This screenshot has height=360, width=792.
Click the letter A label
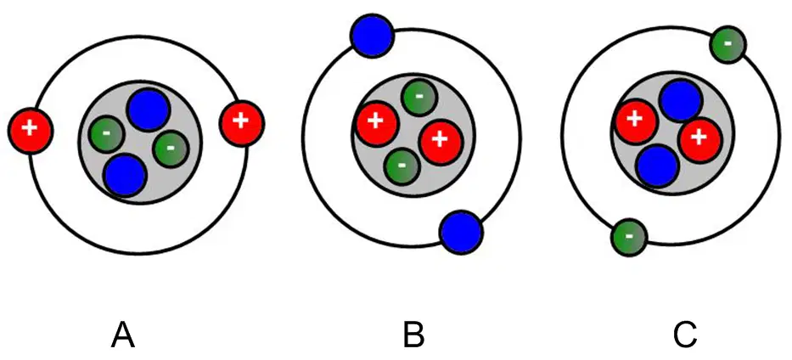pos(123,335)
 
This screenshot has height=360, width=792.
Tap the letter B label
pos(413,335)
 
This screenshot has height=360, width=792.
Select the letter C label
pos(685,335)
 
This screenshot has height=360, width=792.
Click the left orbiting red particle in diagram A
pos(31,129)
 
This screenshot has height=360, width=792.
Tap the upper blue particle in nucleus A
pos(148,111)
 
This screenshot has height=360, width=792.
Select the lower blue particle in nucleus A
pos(126,175)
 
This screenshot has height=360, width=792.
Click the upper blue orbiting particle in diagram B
pos(372,36)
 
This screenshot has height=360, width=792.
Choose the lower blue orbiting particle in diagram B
pos(461,233)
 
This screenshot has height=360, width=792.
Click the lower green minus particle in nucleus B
pos(402,166)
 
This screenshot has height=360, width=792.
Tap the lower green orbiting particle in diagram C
pos(629,237)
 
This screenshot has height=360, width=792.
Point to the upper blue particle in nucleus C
pos(680,101)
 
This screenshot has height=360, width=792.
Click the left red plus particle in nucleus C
pos(635,121)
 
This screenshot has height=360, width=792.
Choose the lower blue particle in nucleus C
pos(657,165)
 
